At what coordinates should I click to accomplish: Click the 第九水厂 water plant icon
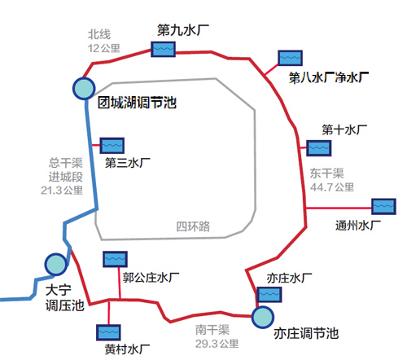pyautogui.click(x=163, y=49)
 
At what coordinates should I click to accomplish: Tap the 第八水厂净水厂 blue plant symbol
pyautogui.click(x=290, y=58)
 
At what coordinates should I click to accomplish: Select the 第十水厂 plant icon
pyautogui.click(x=318, y=148)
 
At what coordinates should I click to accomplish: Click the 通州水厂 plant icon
pyautogui.click(x=383, y=207)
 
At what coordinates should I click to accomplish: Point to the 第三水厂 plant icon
pyautogui.click(x=112, y=146)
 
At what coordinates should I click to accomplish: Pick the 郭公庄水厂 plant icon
pyautogui.click(x=115, y=259)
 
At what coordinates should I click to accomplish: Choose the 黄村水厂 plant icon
pyautogui.click(x=108, y=332)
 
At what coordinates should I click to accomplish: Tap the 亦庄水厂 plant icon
pyautogui.click(x=269, y=295)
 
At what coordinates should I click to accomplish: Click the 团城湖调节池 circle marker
pyautogui.click(x=84, y=88)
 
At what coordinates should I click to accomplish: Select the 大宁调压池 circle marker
pyautogui.click(x=56, y=264)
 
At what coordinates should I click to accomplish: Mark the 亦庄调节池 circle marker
pyautogui.click(x=263, y=317)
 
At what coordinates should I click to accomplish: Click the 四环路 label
pyautogui.click(x=193, y=226)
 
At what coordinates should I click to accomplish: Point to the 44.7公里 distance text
pyautogui.click(x=332, y=187)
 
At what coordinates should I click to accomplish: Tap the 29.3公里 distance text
pyautogui.click(x=217, y=344)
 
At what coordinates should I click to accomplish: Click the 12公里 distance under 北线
pyautogui.click(x=104, y=48)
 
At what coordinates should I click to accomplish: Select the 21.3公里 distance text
pyautogui.click(x=62, y=191)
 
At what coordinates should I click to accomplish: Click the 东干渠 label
pyautogui.click(x=327, y=173)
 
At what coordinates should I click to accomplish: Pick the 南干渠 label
pyautogui.click(x=212, y=330)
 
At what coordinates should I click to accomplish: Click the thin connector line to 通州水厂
pyautogui.click(x=339, y=209)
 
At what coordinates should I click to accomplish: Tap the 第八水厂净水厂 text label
pyautogui.click(x=329, y=78)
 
